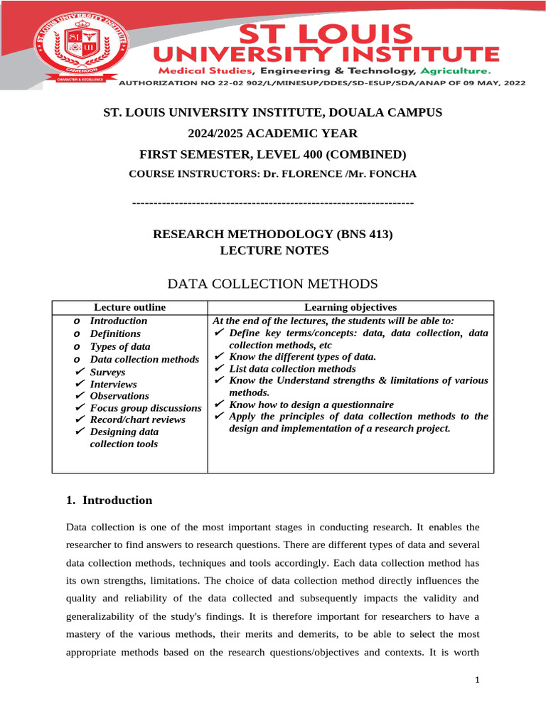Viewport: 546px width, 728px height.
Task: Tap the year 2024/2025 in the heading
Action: point(213,134)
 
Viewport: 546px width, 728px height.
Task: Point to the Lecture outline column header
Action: point(129,307)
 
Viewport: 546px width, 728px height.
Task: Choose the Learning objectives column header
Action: point(350,307)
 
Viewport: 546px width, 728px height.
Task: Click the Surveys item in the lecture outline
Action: point(107,372)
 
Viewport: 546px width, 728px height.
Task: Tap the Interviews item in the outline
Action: point(113,384)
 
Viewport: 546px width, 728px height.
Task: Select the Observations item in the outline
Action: point(119,396)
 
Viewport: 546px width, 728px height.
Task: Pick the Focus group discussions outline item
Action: point(146,408)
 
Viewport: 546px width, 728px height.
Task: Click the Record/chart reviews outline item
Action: point(137,419)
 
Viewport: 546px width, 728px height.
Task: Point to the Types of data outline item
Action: point(119,347)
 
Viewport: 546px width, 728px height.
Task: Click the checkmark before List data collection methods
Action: point(220,369)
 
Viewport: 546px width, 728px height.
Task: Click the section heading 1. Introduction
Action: point(109,500)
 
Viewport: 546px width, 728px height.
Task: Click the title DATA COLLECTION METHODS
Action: point(272,284)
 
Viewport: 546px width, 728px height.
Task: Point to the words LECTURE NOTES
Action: point(274,250)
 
